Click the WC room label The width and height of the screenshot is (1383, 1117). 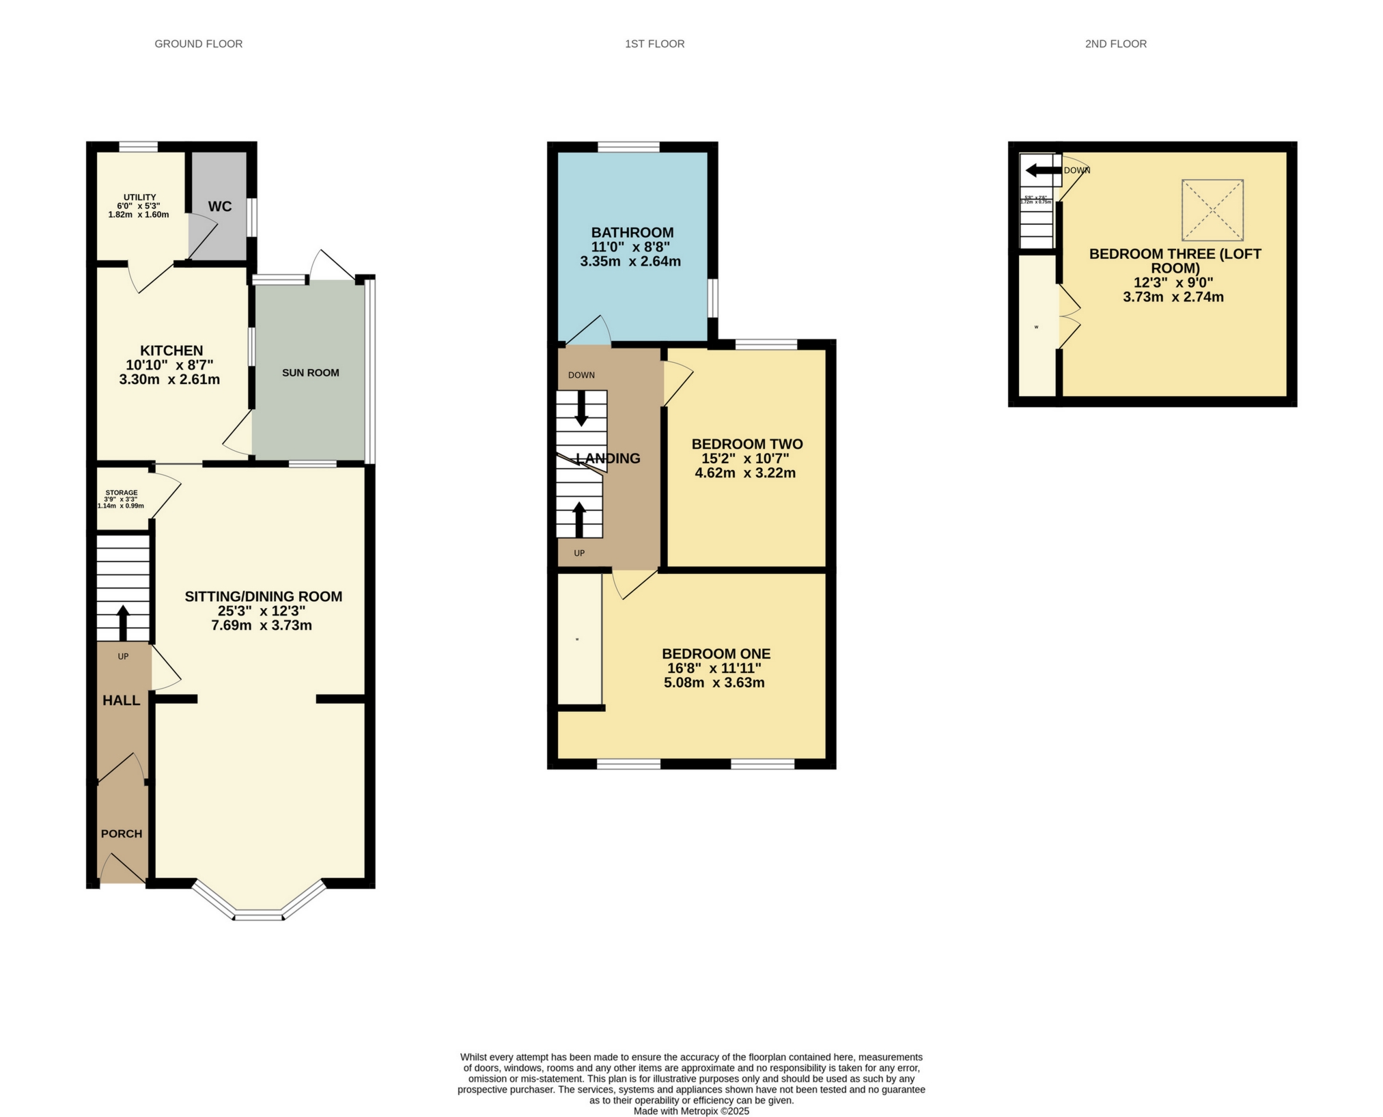pyautogui.click(x=219, y=206)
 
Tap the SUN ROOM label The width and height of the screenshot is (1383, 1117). pyautogui.click(x=310, y=372)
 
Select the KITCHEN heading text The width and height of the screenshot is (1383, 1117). pyautogui.click(x=171, y=350)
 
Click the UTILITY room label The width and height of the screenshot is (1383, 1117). pyautogui.click(x=139, y=197)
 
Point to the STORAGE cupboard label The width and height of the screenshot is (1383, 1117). pyautogui.click(x=121, y=493)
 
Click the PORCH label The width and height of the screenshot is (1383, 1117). pyautogui.click(x=122, y=833)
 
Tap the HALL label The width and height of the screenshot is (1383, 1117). pyautogui.click(x=122, y=700)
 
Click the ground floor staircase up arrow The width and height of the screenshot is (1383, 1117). pyautogui.click(x=123, y=619)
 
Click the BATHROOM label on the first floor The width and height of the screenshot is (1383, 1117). pyautogui.click(x=632, y=232)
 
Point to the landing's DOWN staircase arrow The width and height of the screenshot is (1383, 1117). pyautogui.click(x=581, y=409)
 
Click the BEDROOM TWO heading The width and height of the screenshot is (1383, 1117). pyautogui.click(x=746, y=444)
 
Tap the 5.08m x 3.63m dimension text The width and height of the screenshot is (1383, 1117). pyautogui.click(x=714, y=682)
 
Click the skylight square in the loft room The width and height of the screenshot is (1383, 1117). pyautogui.click(x=1212, y=210)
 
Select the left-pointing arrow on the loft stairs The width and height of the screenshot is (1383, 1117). pyautogui.click(x=1039, y=170)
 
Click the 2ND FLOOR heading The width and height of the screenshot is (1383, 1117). pyautogui.click(x=1115, y=44)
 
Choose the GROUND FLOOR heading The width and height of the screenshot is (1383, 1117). pyautogui.click(x=198, y=44)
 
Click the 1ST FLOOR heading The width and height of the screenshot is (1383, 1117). pyautogui.click(x=654, y=44)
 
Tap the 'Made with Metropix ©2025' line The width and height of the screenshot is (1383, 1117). pyautogui.click(x=691, y=1111)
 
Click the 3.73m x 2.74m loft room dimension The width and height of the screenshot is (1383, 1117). pyautogui.click(x=1173, y=297)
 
